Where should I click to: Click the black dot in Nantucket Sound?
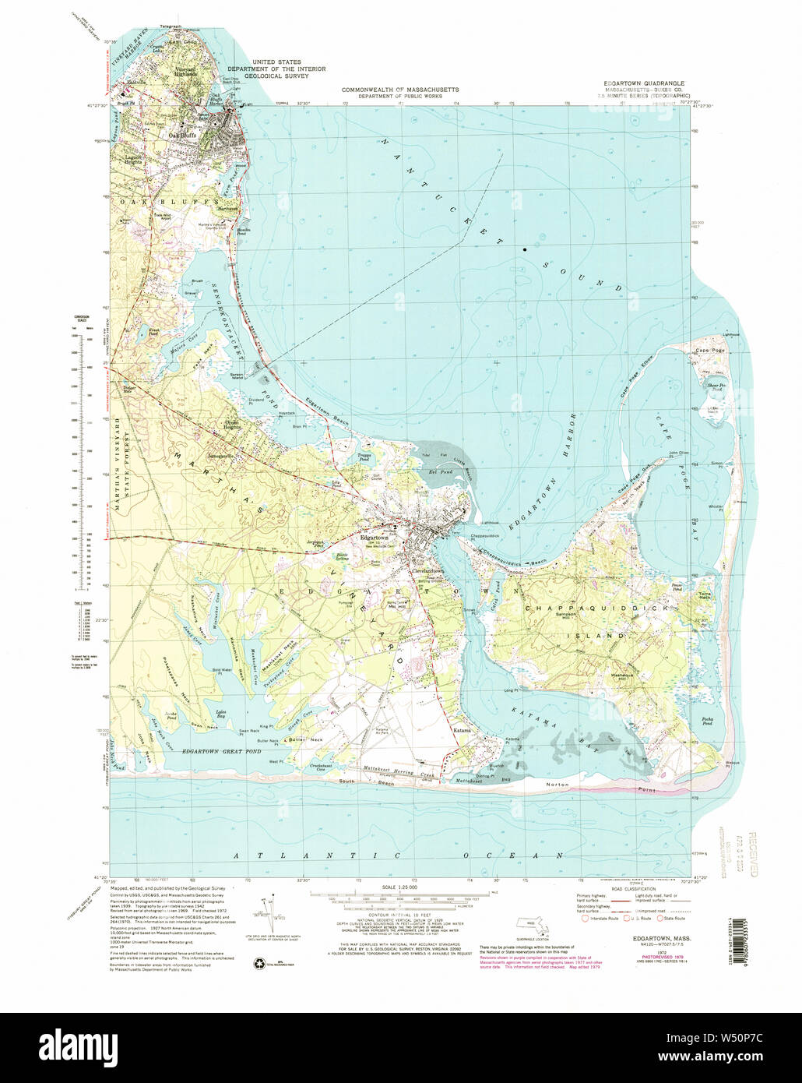point(525,249)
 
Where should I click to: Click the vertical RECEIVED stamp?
point(753,854)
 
